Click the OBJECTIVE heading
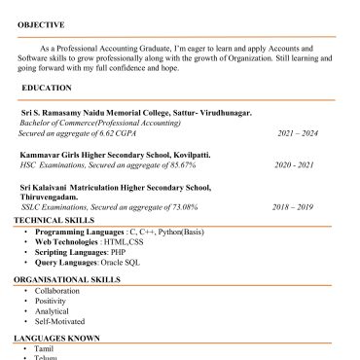click(x=41, y=24)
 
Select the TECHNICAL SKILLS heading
click(x=54, y=221)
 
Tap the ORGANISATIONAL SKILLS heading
click(x=67, y=279)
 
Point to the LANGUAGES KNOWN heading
click(x=56, y=338)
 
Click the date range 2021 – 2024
click(x=298, y=133)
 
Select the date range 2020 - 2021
click(x=294, y=165)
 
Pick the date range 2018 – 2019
click(x=293, y=207)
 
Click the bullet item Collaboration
click(x=56, y=291)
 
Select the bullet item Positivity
click(x=50, y=301)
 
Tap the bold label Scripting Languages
click(x=74, y=252)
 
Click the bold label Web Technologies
click(x=71, y=242)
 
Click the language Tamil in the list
click(x=44, y=348)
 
